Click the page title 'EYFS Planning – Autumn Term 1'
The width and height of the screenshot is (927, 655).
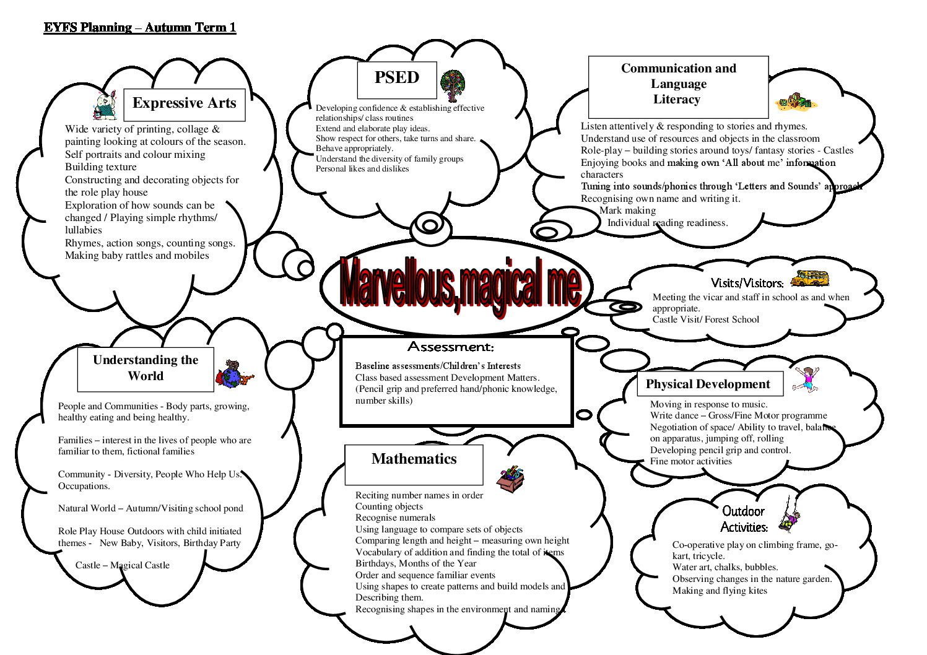pos(140,27)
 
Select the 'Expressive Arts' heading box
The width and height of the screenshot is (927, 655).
pos(184,105)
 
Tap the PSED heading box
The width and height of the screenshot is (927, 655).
pos(397,80)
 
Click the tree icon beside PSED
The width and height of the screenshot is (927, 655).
pos(452,85)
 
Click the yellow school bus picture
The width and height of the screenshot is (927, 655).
pos(809,278)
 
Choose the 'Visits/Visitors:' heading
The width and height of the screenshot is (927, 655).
pos(747,283)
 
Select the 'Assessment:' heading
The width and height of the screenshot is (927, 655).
pos(451,347)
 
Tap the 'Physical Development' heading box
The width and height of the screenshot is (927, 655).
pos(710,384)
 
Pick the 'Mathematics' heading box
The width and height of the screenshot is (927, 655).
pos(414,465)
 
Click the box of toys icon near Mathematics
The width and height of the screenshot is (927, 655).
pos(510,479)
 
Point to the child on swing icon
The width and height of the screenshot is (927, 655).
pos(790,514)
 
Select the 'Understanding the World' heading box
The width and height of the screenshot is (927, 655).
pos(146,370)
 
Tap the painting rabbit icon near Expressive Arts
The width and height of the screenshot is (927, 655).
pos(105,105)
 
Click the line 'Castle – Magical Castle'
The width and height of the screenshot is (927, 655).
pos(123,565)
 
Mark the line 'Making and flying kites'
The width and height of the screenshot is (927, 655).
pos(720,591)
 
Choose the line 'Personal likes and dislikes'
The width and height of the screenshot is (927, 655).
pos(362,169)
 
